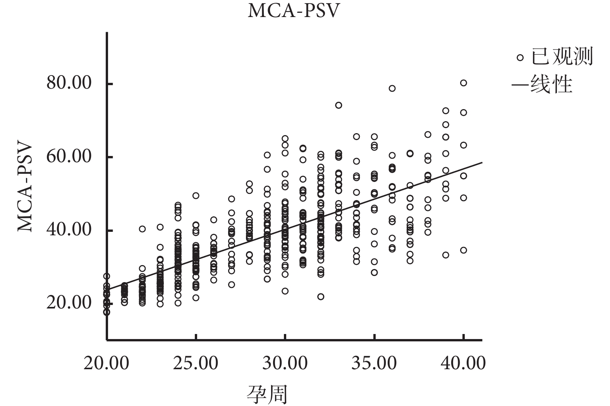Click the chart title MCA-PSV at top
pyautogui.click(x=293, y=11)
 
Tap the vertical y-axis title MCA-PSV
pyautogui.click(x=25, y=188)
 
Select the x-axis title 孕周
pyautogui.click(x=267, y=394)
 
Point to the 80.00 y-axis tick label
pyautogui.click(x=69, y=82)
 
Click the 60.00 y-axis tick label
pyautogui.click(x=69, y=156)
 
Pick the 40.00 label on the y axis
pyautogui.click(x=69, y=229)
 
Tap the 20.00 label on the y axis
pyautogui.click(x=69, y=302)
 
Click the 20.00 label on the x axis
pyautogui.click(x=106, y=363)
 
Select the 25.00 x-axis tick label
pyautogui.click(x=196, y=363)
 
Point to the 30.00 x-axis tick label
pyautogui.click(x=285, y=363)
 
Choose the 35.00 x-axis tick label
pyautogui.click(x=374, y=363)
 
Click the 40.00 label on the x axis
pyautogui.click(x=463, y=363)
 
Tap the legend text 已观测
pyautogui.click(x=562, y=57)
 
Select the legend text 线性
pyautogui.click(x=551, y=84)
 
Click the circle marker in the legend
pyautogui.click(x=520, y=58)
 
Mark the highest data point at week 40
pyautogui.click(x=463, y=83)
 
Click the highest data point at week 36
pyautogui.click(x=392, y=88)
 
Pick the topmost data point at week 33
pyautogui.click(x=339, y=105)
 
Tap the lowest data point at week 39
pyautogui.click(x=446, y=255)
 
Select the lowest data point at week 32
pyautogui.click(x=321, y=297)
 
